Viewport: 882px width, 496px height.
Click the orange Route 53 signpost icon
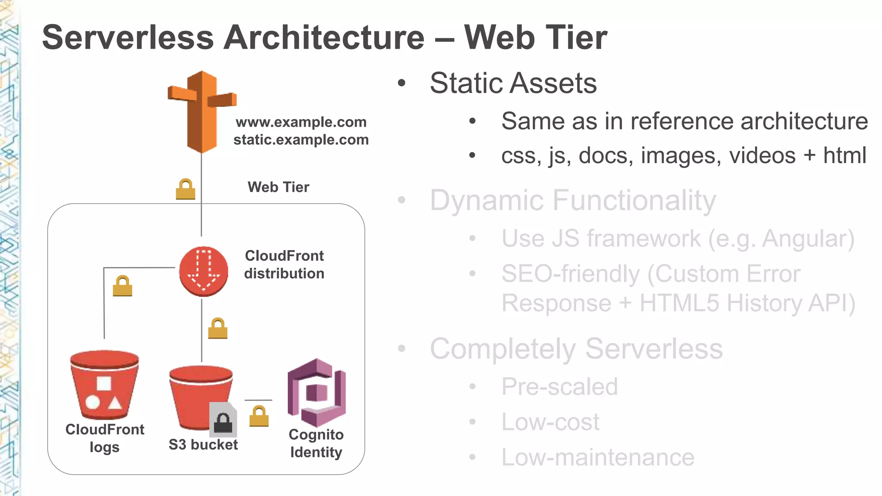202,112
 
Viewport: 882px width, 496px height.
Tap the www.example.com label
301,122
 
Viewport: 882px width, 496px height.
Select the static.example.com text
301,139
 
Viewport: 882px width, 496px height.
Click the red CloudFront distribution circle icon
203,271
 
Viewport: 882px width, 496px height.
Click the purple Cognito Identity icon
317,392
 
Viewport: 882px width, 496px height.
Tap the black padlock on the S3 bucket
223,422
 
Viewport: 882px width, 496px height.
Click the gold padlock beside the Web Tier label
186,189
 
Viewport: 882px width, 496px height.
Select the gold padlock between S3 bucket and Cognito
259,416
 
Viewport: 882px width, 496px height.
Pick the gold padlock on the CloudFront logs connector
122,286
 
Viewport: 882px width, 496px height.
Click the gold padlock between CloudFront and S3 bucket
218,328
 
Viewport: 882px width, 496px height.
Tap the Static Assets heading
513,83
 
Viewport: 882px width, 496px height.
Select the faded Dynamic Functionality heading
573,200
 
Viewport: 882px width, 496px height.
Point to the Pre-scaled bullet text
559,386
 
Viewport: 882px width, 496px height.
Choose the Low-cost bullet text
550,422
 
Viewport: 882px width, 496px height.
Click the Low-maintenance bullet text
598,457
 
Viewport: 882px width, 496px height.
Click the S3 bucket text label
203,444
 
